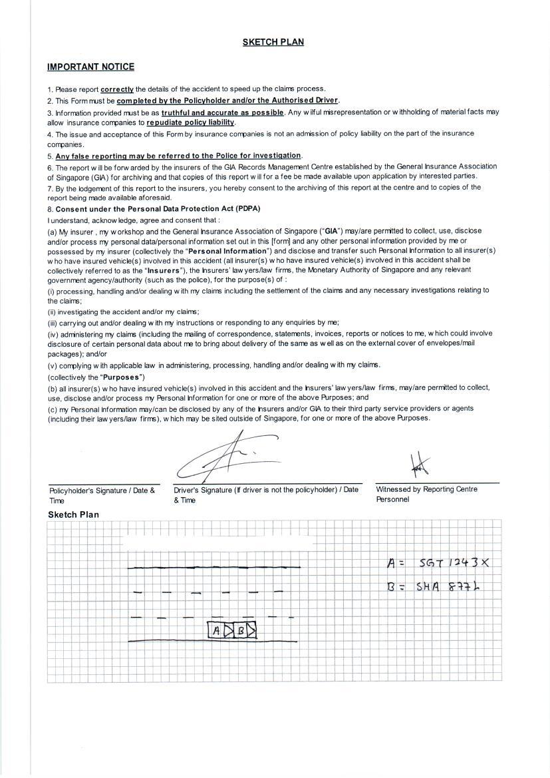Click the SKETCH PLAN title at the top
pyautogui.click(x=273, y=42)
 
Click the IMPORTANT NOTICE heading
pyautogui.click(x=90, y=67)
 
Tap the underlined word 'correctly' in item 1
pyautogui.click(x=117, y=89)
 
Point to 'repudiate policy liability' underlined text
pyautogui.click(x=190, y=123)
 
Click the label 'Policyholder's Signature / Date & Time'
pyautogui.click(x=102, y=495)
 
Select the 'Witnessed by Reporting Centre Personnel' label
pyautogui.click(x=426, y=494)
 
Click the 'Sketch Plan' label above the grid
pyautogui.click(x=73, y=514)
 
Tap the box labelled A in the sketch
pyautogui.click(x=217, y=630)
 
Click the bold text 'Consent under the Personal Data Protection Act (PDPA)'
pyautogui.click(x=158, y=209)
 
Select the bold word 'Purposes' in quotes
pyautogui.click(x=122, y=377)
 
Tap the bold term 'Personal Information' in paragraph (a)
pyautogui.click(x=228, y=251)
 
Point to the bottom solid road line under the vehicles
pyautogui.click(x=213, y=642)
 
